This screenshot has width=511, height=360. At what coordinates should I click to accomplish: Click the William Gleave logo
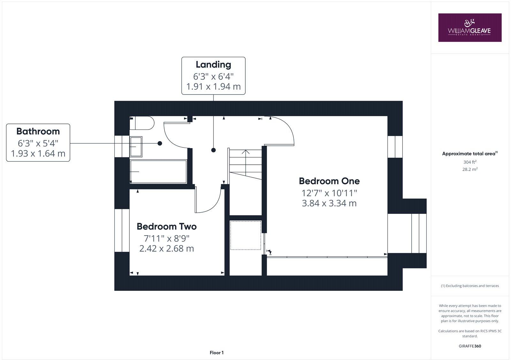[469, 27]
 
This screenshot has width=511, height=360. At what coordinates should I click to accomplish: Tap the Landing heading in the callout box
[213, 64]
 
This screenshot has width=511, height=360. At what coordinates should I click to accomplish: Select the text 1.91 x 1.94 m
[213, 86]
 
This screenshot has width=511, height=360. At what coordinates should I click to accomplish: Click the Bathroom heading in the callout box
[38, 131]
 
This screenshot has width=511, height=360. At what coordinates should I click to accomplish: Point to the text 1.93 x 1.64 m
[38, 154]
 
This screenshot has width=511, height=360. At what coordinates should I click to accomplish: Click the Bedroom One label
[329, 181]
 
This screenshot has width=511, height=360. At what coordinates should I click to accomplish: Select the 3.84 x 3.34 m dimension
[329, 203]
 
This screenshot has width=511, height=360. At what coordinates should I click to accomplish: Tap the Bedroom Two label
[166, 226]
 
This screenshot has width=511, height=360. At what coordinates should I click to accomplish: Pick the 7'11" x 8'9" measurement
[166, 238]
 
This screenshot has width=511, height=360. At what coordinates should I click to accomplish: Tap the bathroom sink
[136, 146]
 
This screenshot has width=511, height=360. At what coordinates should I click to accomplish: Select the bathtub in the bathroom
[158, 172]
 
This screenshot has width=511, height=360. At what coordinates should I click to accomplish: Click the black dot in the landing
[213, 150]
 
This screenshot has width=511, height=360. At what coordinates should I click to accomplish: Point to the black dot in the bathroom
[160, 143]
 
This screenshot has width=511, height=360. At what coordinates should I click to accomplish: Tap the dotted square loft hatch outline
[246, 235]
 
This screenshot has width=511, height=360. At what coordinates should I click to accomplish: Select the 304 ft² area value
[469, 162]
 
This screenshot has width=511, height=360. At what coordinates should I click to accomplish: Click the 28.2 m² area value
[469, 169]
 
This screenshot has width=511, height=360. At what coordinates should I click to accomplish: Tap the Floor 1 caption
[217, 353]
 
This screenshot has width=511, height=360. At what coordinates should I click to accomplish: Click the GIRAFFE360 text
[469, 346]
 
